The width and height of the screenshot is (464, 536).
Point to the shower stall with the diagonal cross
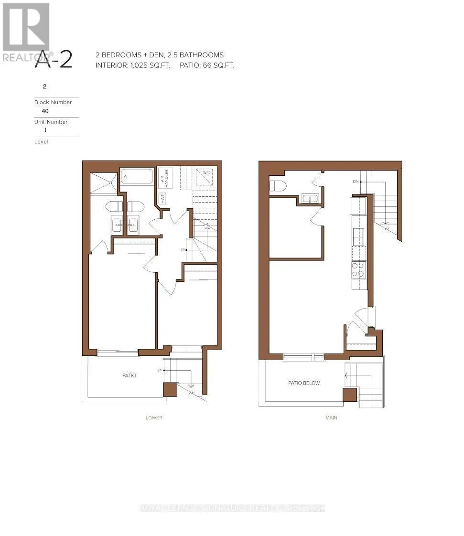[x=104, y=183]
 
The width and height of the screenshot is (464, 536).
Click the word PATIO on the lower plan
[x=129, y=375]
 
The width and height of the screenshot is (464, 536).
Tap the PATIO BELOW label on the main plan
[x=303, y=383]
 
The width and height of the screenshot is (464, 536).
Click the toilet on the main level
[x=277, y=185]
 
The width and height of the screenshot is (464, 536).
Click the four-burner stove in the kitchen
[x=358, y=270]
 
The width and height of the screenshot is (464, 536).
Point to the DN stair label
[x=355, y=182]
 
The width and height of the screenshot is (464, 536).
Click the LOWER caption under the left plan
[x=154, y=418]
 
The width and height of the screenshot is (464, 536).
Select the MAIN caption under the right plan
[x=331, y=418]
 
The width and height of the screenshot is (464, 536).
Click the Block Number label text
[x=53, y=102]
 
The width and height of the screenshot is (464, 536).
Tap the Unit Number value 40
[x=45, y=111]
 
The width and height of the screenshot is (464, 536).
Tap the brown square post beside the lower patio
[x=170, y=389]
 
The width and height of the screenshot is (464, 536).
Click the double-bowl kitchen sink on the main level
[x=358, y=237]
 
